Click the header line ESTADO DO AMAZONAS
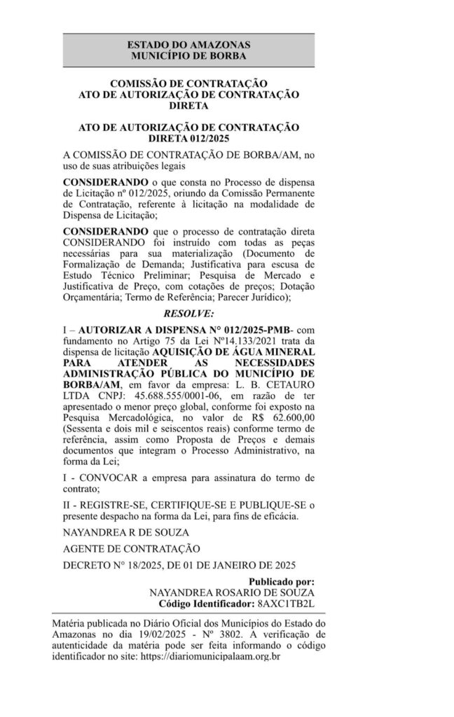point(189,45)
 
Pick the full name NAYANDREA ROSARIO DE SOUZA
point(232,592)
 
